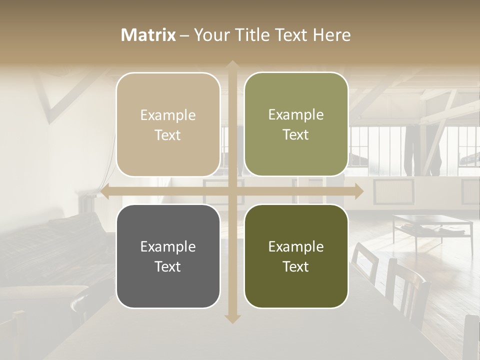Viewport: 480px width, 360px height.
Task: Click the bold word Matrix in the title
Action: (148, 35)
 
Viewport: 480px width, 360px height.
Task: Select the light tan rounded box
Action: (168, 124)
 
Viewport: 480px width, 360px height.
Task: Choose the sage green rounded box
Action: (296, 124)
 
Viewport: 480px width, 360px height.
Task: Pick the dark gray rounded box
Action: (168, 256)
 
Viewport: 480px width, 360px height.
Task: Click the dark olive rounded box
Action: (296, 256)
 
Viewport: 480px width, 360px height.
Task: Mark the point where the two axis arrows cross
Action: (232, 191)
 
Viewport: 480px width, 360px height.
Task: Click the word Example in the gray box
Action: (168, 246)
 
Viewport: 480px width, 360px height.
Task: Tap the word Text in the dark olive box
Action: (296, 266)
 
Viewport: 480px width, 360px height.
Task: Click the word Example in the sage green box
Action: (296, 114)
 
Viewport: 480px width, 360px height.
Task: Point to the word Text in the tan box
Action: (168, 135)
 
